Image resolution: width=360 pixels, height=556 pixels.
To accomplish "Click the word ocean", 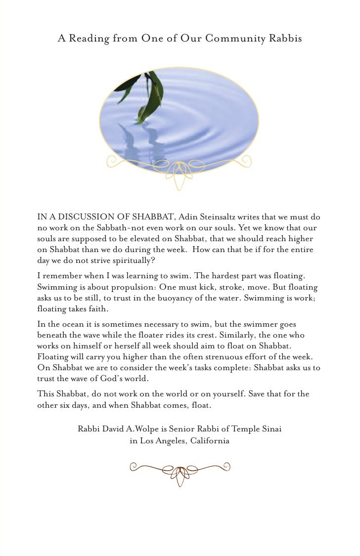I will [62, 325].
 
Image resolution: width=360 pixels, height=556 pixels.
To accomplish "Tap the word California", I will [209, 441].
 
